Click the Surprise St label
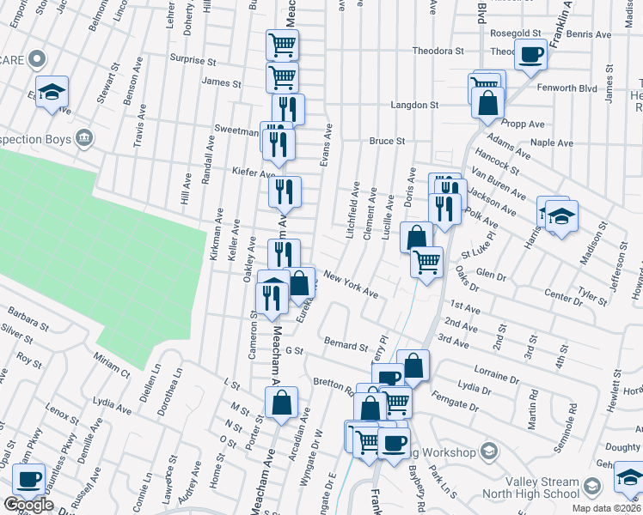193,61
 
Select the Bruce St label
387,141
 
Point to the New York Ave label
351,287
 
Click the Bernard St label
346,344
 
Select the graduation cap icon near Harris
561,216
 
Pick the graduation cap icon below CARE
52,92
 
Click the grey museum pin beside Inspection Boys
84,137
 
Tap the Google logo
28,505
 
